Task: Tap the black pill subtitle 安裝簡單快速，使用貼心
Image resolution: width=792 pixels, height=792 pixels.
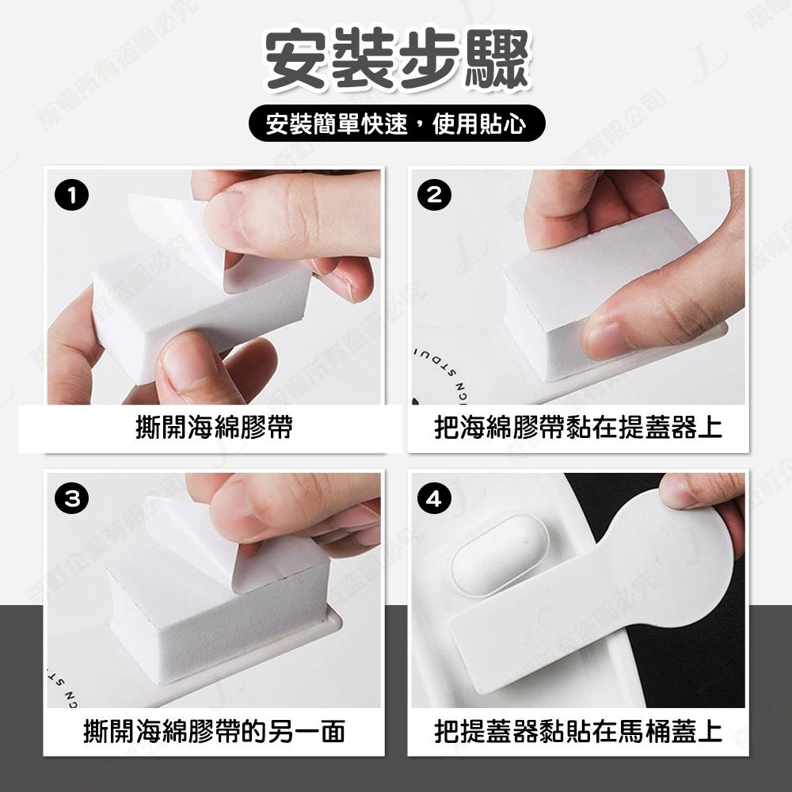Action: (x=396, y=124)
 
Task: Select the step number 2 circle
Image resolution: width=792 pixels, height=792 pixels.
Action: (x=433, y=196)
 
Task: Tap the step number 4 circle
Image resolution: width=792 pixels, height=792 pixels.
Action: (x=433, y=499)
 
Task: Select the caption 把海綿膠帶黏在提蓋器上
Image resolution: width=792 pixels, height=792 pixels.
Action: (x=578, y=428)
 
